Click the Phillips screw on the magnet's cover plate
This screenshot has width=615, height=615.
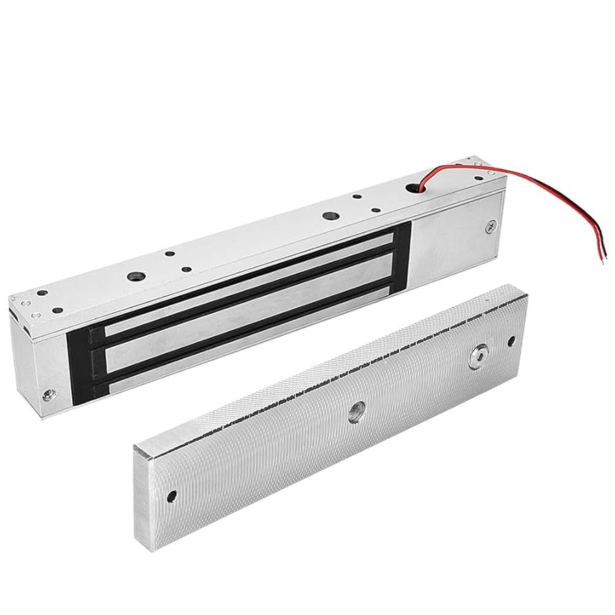(x=489, y=225)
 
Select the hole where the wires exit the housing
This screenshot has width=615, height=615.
(x=414, y=186)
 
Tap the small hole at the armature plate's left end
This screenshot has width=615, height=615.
(x=172, y=495)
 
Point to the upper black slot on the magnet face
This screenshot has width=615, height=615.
(x=248, y=282)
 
